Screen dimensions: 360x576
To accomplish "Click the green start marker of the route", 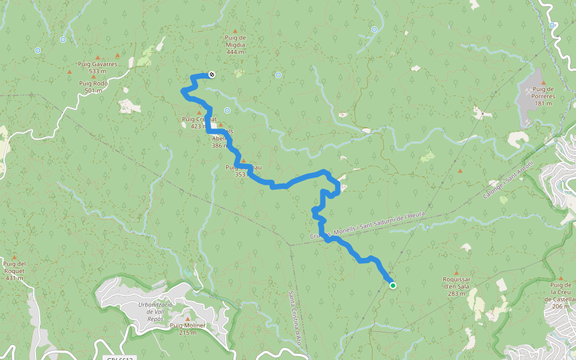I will point(392,286).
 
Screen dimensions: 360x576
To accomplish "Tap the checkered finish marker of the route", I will point(211,74).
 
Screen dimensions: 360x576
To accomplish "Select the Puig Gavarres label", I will point(97,64).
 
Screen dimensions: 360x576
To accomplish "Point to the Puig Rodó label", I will point(93,83).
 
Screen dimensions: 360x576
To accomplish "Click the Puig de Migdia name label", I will point(235,41).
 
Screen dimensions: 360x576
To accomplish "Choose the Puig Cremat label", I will point(194,119).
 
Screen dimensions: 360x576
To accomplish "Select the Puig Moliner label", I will point(187,326).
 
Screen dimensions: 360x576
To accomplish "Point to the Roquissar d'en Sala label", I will point(456,283).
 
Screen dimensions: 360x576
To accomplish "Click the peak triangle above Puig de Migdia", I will point(235,31).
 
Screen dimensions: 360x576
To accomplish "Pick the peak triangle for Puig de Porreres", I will point(543,83).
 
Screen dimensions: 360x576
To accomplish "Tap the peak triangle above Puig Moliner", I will point(187,319).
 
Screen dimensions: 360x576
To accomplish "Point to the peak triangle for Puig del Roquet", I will point(14,257).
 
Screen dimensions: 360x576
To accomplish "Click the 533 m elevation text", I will point(97,71).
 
